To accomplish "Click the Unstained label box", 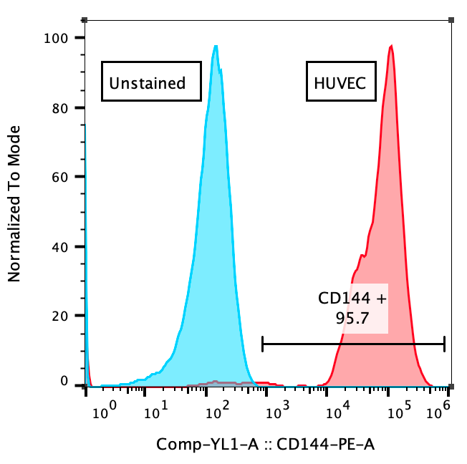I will tap(147, 83).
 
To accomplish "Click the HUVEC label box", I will tap(340, 83).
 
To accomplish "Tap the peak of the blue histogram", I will tap(215, 47).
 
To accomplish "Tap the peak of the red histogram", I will tap(391, 47).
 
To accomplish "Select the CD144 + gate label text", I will tap(352, 298).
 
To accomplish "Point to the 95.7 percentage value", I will tap(352, 318).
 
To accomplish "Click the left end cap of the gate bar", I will tap(263, 344).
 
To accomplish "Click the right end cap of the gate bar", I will tap(445, 344).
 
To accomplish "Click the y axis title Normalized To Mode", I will tap(14, 203).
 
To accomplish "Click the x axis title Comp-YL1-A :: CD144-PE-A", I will tap(266, 445).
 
